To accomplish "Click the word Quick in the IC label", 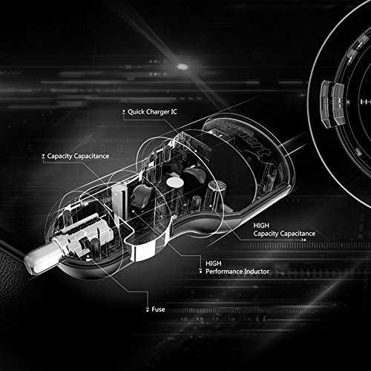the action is tap(136, 112).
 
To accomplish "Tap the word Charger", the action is tap(157, 112).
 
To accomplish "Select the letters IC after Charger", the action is tap(174, 112).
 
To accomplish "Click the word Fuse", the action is tap(158, 309).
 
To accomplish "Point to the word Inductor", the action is tap(257, 272).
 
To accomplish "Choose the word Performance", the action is tap(224, 272).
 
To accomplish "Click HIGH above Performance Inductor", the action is tap(214, 263).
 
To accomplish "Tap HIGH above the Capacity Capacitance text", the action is tap(261, 226).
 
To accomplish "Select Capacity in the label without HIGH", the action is tap(59, 157).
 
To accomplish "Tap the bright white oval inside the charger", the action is tap(175, 183).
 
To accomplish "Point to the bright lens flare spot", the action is tap(182, 67).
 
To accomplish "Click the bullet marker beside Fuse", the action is tap(148, 309).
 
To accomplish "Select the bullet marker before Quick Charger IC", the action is tap(124, 112).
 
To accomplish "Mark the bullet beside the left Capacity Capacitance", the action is tap(43, 156).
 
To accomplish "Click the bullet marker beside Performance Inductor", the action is tap(200, 271).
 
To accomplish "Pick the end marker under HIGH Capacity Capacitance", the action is tap(304, 240).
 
